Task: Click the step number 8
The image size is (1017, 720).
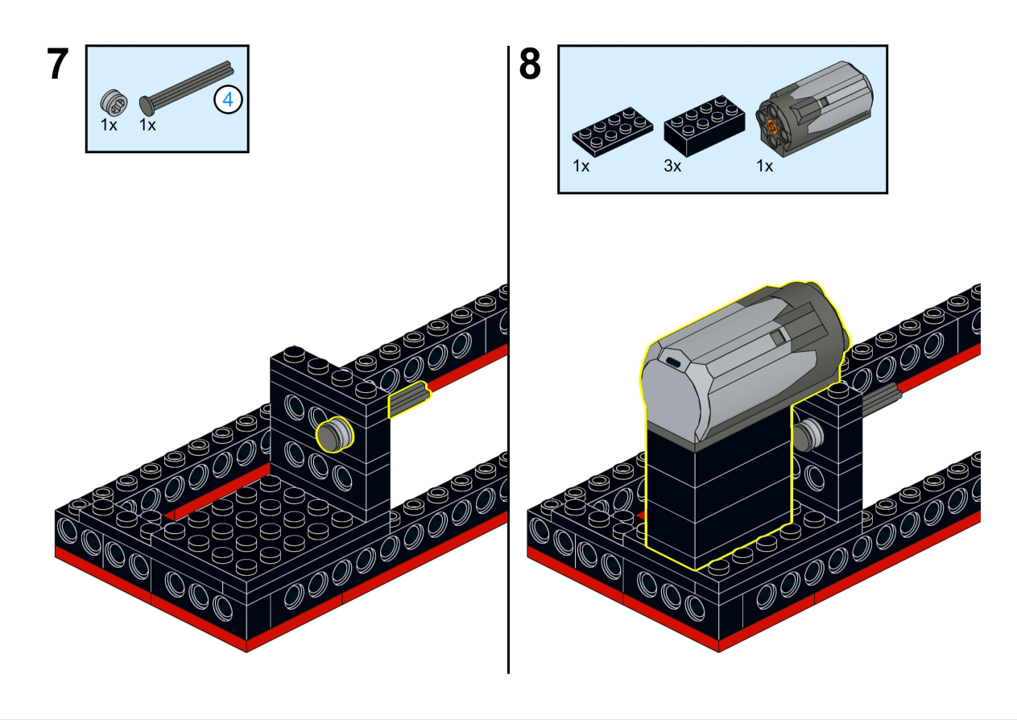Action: (x=530, y=65)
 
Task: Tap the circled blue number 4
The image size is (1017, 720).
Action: (x=229, y=101)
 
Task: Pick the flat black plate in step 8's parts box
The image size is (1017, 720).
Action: (x=612, y=133)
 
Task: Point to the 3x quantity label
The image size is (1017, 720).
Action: (x=673, y=167)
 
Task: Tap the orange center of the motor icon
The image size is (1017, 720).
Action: (x=771, y=125)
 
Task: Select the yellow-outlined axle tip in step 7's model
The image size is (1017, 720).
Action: (x=408, y=400)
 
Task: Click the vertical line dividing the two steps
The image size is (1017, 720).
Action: (x=509, y=362)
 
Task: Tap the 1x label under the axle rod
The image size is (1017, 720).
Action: (x=147, y=126)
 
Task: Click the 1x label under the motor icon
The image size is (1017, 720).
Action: (x=764, y=167)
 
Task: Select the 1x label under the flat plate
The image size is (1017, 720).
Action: (x=581, y=167)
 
